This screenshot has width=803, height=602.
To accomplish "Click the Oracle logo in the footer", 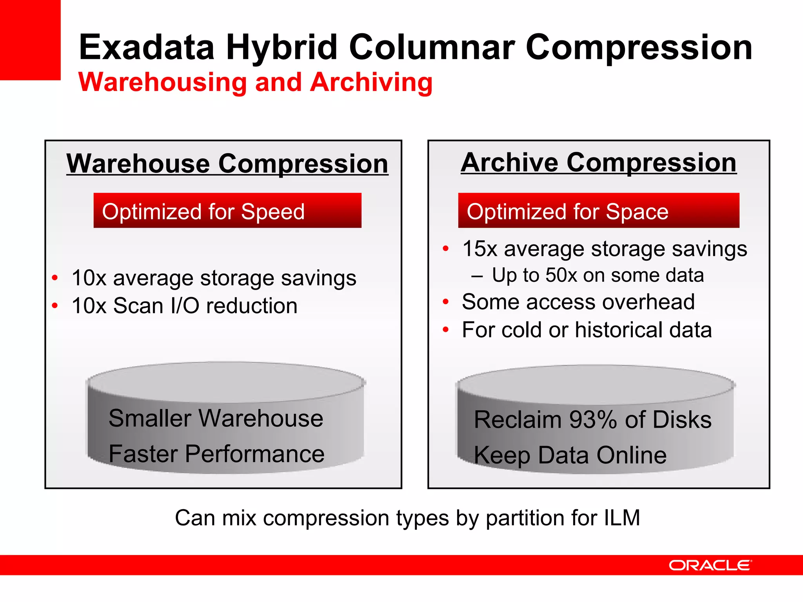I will tap(710, 565).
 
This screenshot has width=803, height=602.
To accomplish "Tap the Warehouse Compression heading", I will tap(227, 163).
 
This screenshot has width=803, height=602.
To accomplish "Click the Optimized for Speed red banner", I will tap(227, 210).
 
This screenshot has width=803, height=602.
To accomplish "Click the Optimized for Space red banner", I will tap(598, 210).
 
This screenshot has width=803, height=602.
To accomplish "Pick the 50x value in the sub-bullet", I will tap(561, 275).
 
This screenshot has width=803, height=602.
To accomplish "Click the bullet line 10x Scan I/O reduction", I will tap(184, 306).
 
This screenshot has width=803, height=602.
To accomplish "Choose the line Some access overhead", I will tap(578, 302).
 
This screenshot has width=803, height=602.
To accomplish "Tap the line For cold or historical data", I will tap(587, 330).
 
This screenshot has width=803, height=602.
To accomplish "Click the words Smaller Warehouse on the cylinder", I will tap(216, 418).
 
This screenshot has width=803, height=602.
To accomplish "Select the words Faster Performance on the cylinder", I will tap(216, 454).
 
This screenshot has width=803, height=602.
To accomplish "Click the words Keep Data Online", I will tap(570, 455).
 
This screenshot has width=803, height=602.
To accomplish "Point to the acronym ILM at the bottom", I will tap(621, 518).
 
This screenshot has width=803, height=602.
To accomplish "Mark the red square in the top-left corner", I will tap(30, 39).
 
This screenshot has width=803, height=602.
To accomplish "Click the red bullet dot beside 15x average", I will tap(445, 249).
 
